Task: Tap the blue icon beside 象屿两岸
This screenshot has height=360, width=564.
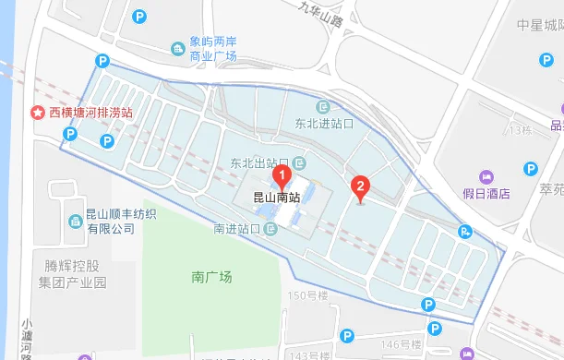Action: (x=178, y=48)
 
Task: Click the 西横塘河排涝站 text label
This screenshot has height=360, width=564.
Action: (x=91, y=113)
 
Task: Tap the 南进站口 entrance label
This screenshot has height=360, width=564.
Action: (x=236, y=228)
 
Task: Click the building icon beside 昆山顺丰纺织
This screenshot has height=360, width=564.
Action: (x=74, y=222)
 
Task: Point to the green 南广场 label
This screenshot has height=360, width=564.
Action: (x=211, y=276)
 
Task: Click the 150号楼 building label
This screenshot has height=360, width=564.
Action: (x=308, y=295)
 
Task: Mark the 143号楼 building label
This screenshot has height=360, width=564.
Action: (x=308, y=354)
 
